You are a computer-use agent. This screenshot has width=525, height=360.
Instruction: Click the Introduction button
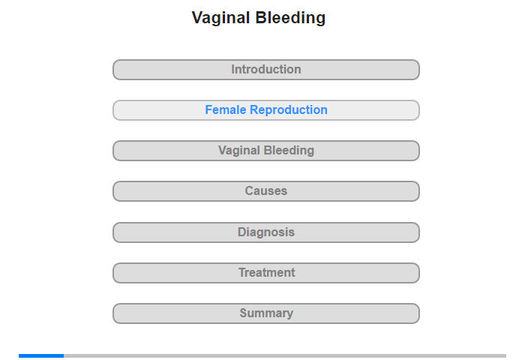266,70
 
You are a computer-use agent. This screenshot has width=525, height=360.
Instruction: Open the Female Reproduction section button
266,110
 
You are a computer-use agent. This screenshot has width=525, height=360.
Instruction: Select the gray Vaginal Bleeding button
266,151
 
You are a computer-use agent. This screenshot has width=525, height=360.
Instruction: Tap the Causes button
266,191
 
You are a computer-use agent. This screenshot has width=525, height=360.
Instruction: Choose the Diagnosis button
266,232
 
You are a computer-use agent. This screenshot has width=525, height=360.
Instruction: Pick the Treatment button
266,273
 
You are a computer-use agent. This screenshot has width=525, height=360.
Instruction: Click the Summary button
266,313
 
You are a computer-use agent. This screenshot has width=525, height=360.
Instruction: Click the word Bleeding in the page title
291,17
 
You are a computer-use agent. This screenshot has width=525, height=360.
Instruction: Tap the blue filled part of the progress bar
41,355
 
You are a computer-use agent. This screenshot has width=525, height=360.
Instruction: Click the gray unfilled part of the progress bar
285,355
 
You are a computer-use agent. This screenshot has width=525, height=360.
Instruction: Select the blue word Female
226,109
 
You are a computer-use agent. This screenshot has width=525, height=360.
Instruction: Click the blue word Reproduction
289,110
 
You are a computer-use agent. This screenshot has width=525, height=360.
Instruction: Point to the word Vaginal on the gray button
239,151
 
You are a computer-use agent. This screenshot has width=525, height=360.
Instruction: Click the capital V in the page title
197,18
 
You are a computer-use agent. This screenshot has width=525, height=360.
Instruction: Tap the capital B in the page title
261,18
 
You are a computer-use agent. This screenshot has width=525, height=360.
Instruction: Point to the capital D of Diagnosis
241,232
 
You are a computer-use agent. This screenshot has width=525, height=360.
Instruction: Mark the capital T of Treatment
242,272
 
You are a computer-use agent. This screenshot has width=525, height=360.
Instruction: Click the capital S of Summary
244,313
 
